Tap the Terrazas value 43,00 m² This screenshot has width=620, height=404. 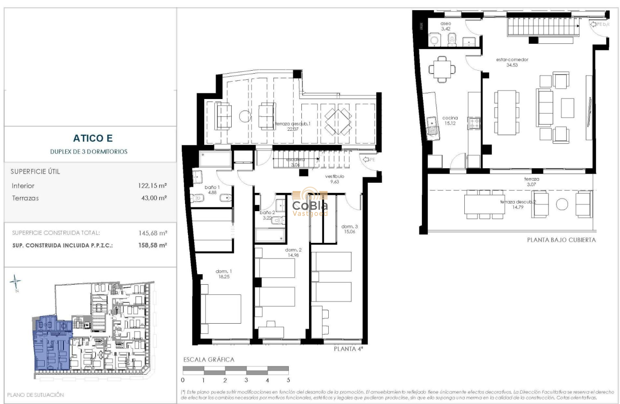[x=152, y=198]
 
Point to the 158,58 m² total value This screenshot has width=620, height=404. [x=152, y=245]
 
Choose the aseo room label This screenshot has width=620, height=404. [x=446, y=25]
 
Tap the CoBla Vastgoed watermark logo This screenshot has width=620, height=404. [x=310, y=203]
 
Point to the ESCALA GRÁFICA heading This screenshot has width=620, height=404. [x=209, y=359]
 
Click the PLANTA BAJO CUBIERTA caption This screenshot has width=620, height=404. [x=561, y=240]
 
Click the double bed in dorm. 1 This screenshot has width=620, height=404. [x=221, y=309]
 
